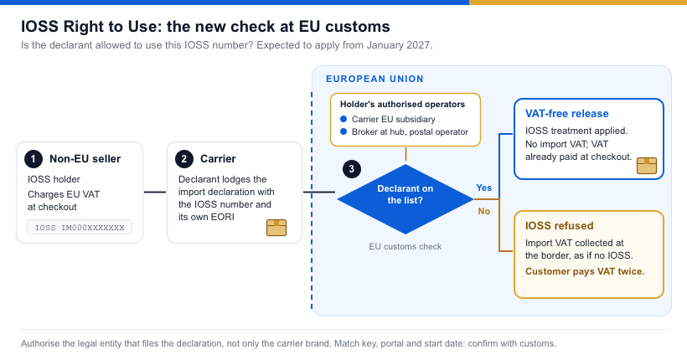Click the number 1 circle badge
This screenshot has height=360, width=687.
pyautogui.click(x=34, y=159)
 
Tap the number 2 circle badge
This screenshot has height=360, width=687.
pyautogui.click(x=184, y=159)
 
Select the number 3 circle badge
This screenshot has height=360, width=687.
pyautogui.click(x=351, y=169)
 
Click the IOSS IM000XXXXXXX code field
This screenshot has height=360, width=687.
pyautogui.click(x=80, y=227)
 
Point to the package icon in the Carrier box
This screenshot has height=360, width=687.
pyautogui.click(x=276, y=228)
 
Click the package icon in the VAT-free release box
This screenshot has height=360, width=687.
pyautogui.click(x=647, y=166)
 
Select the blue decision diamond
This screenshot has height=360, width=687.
pyautogui.click(x=405, y=199)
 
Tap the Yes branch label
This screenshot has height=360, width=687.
pyautogui.click(x=484, y=188)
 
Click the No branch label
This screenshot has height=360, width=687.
pyautogui.click(x=484, y=211)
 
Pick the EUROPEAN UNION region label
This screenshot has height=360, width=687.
pyautogui.click(x=374, y=79)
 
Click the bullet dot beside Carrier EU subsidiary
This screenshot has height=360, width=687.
pyautogui.click(x=343, y=119)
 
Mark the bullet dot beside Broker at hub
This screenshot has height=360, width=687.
pyautogui.click(x=343, y=131)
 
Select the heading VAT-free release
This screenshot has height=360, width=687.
pyautogui.click(x=567, y=113)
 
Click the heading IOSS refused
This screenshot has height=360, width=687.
pyautogui.click(x=560, y=225)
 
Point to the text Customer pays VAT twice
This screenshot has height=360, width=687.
pyautogui.click(x=585, y=271)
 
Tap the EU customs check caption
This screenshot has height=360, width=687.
pyautogui.click(x=405, y=247)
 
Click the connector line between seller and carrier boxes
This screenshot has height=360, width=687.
pyautogui.click(x=155, y=192)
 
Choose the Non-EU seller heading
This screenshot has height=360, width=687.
pyautogui.click(x=85, y=159)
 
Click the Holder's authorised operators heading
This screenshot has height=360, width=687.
pyautogui.click(x=403, y=105)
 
